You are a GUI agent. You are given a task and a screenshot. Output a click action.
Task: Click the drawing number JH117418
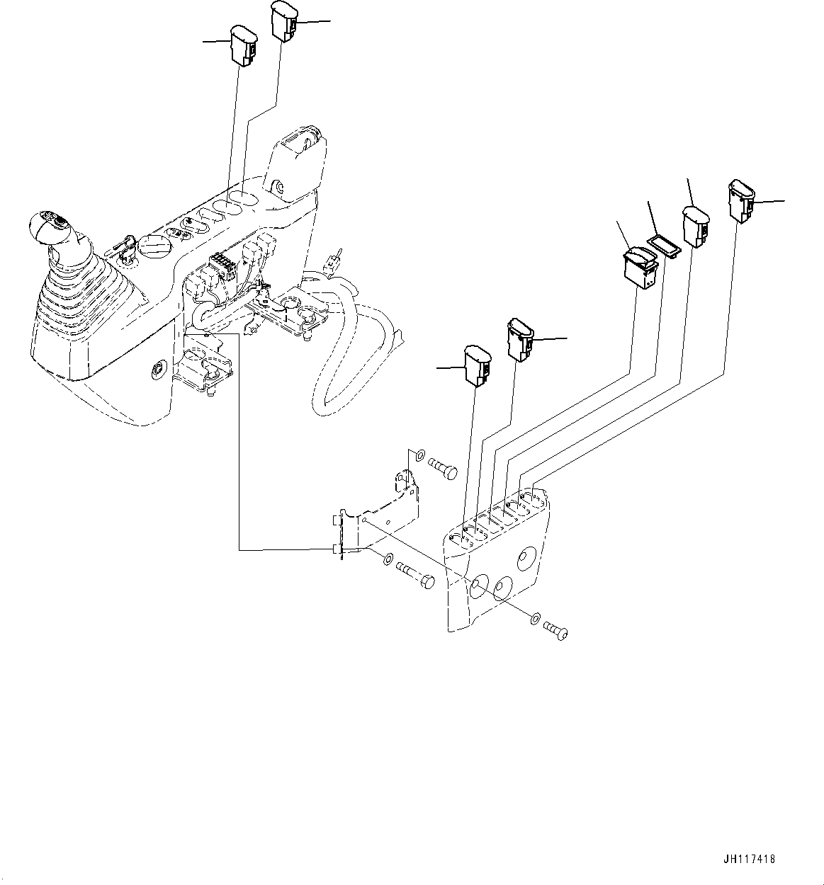750,859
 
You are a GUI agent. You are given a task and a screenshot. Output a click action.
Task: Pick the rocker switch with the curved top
640,269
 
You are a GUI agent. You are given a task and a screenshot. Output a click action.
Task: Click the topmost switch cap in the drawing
283,21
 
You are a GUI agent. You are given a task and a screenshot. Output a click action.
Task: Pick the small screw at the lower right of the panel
556,630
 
